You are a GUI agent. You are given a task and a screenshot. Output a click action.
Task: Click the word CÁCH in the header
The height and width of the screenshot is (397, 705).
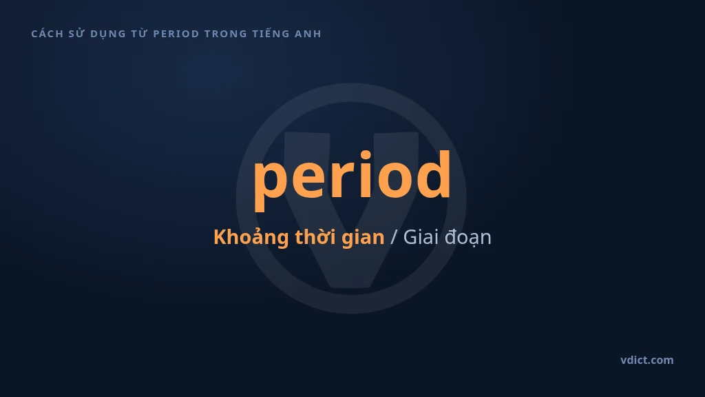pyautogui.click(x=48, y=34)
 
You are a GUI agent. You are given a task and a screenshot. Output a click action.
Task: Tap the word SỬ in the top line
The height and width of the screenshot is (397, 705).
pyautogui.click(x=76, y=33)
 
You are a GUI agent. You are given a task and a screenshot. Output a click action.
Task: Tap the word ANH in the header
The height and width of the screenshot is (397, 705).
pyautogui.click(x=308, y=34)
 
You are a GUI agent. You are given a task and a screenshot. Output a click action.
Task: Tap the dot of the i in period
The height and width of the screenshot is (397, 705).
pyautogui.click(x=365, y=156)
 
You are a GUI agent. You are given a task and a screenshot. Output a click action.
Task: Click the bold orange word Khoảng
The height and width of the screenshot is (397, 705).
pyautogui.click(x=251, y=237)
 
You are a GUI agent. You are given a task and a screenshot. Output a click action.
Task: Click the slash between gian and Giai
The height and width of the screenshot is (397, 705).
pyautogui.click(x=394, y=237)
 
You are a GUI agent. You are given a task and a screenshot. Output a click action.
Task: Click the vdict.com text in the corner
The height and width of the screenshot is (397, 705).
pyautogui.click(x=647, y=360)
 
